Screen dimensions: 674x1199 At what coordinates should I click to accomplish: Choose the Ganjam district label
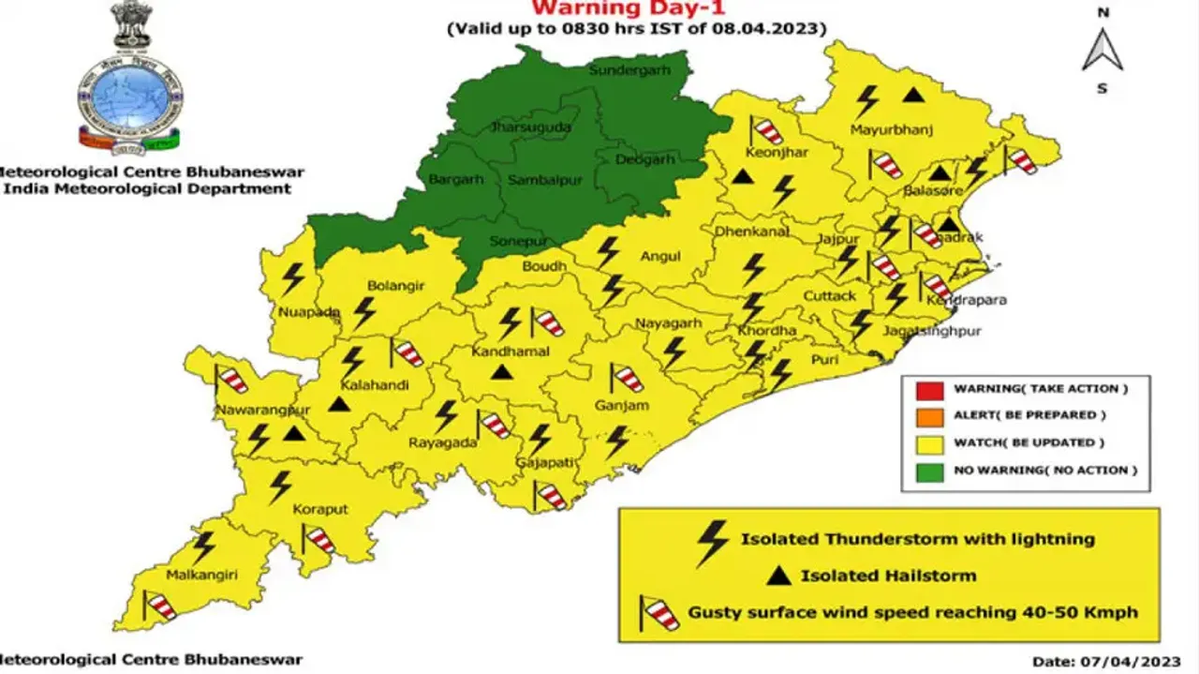pos(621,406)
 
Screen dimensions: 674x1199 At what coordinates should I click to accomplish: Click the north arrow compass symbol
pos(1103,52)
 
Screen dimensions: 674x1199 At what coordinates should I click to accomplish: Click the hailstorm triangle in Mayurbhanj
pos(913,94)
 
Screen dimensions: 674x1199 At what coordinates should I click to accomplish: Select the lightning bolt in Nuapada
pos(293,277)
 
